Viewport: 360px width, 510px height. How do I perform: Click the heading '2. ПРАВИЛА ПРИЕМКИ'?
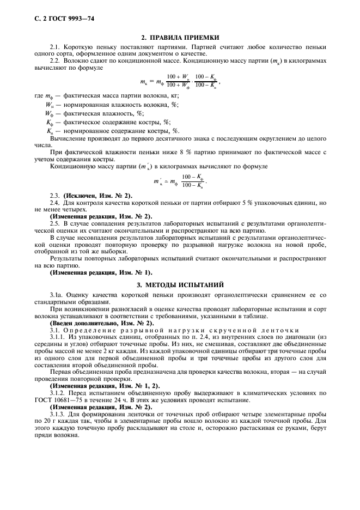click(180, 38)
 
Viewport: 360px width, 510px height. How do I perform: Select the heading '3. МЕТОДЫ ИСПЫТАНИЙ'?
click(180, 285)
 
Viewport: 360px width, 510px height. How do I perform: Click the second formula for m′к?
click(180, 178)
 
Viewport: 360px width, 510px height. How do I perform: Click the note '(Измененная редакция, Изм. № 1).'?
click(101, 272)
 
